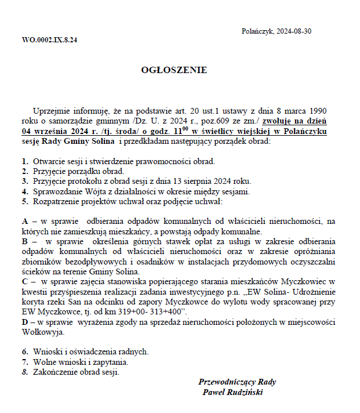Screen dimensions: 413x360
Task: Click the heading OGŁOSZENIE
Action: (x=174, y=70)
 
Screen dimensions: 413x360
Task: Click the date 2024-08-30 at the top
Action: (x=294, y=31)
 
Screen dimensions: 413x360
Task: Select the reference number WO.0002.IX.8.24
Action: (x=49, y=40)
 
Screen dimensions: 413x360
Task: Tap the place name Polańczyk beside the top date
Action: (x=257, y=31)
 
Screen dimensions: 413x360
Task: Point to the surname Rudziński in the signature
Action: (x=243, y=392)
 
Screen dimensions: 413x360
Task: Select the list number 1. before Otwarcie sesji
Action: (x=25, y=161)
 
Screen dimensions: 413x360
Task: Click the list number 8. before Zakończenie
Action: (x=25, y=372)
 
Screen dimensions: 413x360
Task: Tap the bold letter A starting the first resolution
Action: (x=25, y=221)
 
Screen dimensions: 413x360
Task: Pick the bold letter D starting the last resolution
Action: (x=25, y=323)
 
